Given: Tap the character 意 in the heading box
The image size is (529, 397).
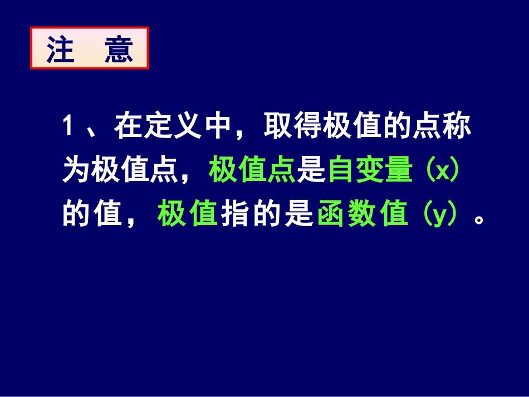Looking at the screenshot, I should (119, 51).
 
